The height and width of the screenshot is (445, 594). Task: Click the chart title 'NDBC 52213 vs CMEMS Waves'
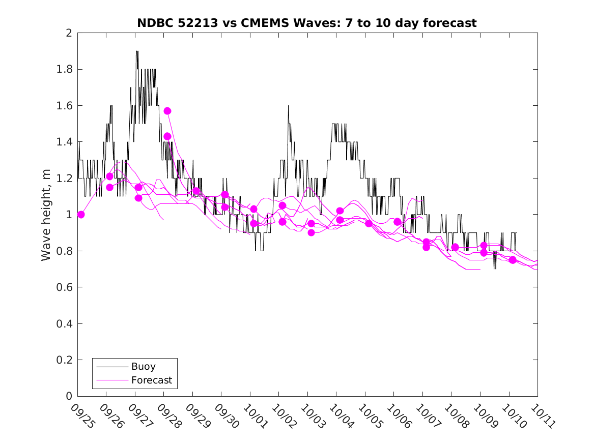pos(306,23)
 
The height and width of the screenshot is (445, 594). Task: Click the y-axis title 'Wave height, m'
pos(46,215)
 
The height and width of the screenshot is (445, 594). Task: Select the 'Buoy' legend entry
pos(144,366)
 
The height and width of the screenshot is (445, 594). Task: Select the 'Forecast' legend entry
pos(152,380)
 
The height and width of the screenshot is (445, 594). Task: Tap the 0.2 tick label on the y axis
pos(64,360)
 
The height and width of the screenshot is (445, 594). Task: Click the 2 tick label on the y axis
pos(68,33)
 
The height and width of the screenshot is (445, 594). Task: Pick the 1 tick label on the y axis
pos(68,215)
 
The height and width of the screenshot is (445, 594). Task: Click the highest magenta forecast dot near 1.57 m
pos(167,111)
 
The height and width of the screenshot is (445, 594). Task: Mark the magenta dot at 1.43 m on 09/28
pos(167,136)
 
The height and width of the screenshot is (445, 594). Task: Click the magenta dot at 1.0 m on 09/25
pos(81,215)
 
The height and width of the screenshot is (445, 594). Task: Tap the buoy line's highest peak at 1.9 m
pos(137,51)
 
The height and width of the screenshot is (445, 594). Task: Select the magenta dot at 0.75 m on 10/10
pos(513,260)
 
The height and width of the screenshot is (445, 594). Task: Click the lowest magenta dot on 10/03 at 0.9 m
pos(311,232)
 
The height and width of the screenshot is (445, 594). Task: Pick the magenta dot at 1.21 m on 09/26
pos(109,176)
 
